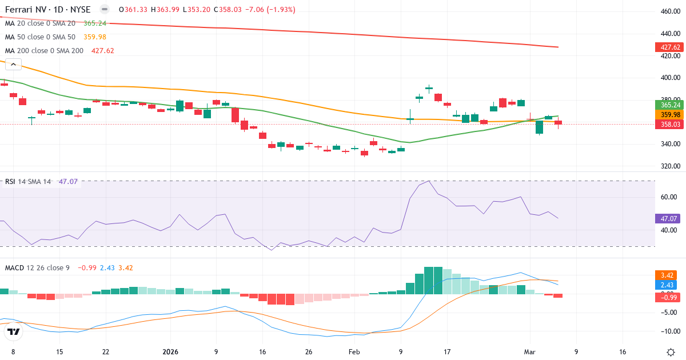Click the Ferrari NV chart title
(47, 10)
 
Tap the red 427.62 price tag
(669, 47)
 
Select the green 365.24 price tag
(669, 105)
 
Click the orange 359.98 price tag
(669, 114)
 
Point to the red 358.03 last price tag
(669, 124)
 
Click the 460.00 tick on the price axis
(669, 11)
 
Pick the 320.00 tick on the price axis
(669, 167)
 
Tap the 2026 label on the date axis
(171, 352)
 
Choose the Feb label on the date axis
(354, 352)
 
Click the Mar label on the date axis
(529, 352)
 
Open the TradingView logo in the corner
(14, 331)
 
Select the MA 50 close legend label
(40, 37)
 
